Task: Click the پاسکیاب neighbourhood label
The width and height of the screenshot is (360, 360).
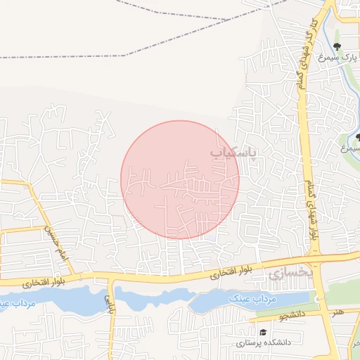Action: tap(234, 151)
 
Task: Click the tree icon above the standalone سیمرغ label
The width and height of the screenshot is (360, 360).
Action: tap(359, 137)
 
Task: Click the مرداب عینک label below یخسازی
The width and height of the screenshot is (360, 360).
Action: tap(253, 298)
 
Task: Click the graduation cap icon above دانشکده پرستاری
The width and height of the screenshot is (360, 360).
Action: tap(262, 332)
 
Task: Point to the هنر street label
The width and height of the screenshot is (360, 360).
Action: tap(339, 311)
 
